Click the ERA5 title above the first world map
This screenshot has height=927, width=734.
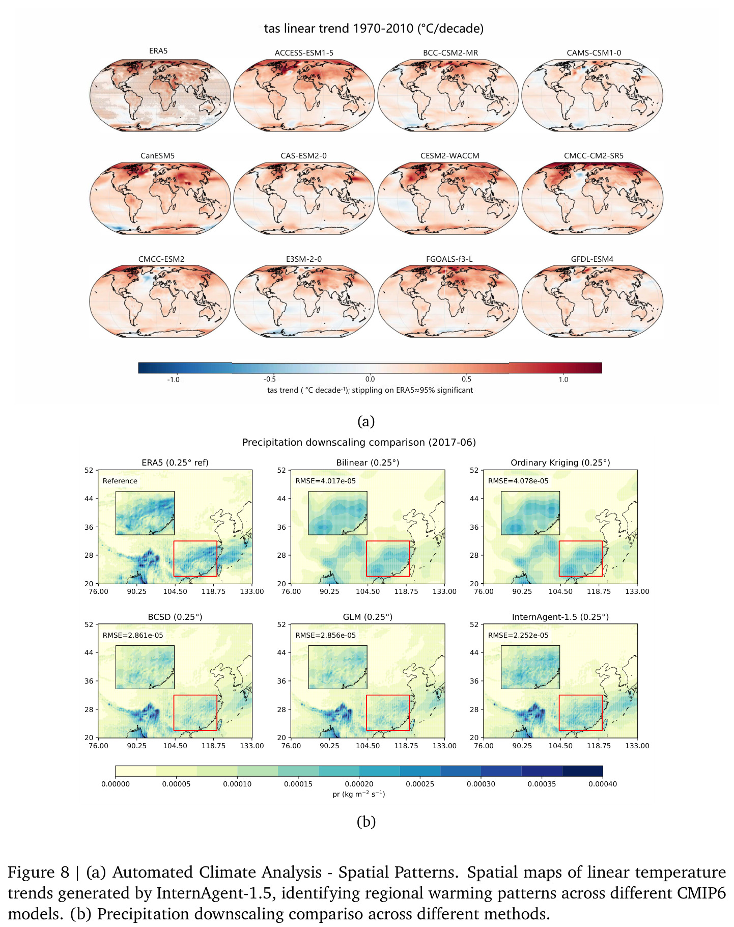[x=158, y=51]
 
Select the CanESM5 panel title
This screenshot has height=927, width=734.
[x=157, y=156]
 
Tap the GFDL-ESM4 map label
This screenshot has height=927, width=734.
[x=592, y=259]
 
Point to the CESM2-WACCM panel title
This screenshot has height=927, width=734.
[x=450, y=156]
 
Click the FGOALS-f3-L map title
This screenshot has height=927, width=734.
[x=449, y=259]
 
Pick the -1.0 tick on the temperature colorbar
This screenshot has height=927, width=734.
[x=173, y=379]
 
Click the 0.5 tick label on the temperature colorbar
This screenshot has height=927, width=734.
[x=466, y=379]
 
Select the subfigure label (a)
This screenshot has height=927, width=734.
[x=366, y=422]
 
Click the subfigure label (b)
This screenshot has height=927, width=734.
[x=366, y=822]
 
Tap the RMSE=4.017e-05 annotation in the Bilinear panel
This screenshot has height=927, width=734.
[x=326, y=481]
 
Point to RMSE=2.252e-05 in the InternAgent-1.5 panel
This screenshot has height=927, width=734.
[x=518, y=635]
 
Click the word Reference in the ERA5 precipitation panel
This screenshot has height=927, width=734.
[x=120, y=481]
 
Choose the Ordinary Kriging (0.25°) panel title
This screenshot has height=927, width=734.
[x=560, y=462]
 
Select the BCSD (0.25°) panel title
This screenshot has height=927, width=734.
[x=175, y=617]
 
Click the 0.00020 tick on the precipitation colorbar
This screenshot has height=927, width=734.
[x=359, y=784]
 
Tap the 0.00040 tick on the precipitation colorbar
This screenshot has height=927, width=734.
[x=603, y=784]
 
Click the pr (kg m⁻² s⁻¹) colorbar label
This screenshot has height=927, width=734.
[x=359, y=794]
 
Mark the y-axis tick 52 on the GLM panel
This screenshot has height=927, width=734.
[x=281, y=624]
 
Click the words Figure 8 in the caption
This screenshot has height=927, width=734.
[x=38, y=873]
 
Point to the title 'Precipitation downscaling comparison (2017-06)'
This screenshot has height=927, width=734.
[x=359, y=442]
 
